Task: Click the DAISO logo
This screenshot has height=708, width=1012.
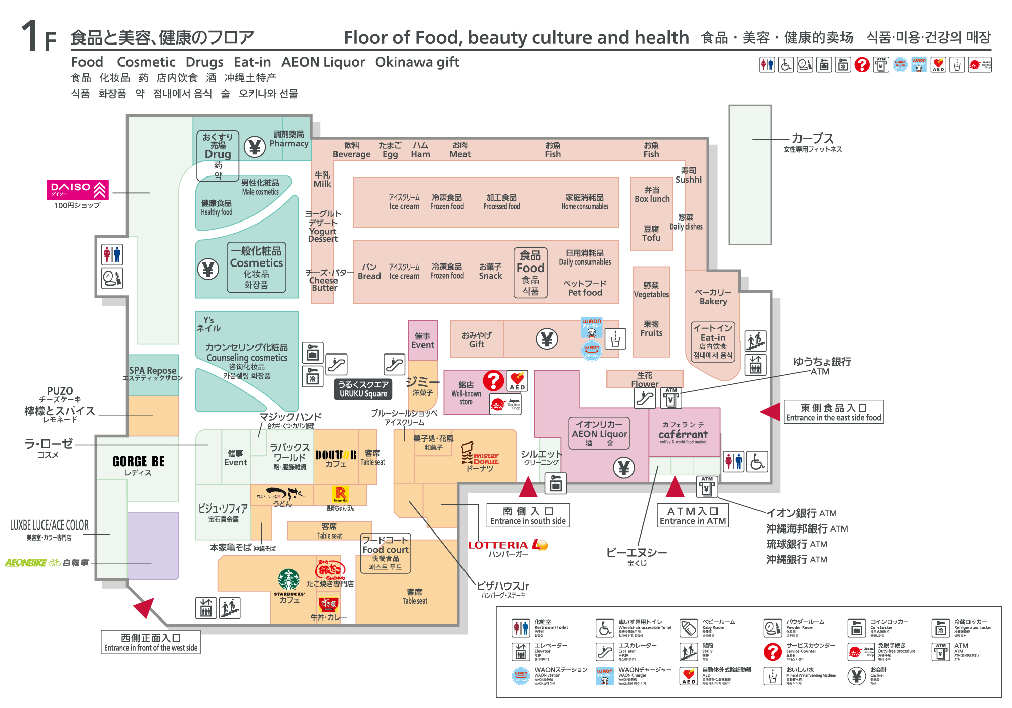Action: [x=77, y=190]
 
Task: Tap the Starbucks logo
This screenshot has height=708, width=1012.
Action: [x=288, y=580]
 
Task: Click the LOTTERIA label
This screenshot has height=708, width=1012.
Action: [x=498, y=545]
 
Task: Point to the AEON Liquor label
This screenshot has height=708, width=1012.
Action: [x=599, y=433]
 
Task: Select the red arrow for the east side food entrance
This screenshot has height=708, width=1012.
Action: [x=771, y=411]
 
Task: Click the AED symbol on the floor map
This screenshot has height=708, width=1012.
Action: [x=517, y=381]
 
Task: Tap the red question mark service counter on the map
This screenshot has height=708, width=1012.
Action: [x=493, y=380]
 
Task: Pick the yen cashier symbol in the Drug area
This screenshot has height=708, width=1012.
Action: [x=255, y=147]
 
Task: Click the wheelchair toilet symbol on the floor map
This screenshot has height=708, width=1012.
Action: [x=757, y=461]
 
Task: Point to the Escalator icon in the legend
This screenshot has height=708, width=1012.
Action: [x=605, y=652]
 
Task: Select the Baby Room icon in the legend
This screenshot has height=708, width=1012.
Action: [x=688, y=628]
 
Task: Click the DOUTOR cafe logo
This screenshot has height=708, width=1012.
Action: [x=335, y=455]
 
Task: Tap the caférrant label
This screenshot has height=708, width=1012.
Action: [x=683, y=434]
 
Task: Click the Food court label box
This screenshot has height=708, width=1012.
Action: [x=386, y=553]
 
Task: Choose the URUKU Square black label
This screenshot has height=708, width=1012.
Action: [x=363, y=389]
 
